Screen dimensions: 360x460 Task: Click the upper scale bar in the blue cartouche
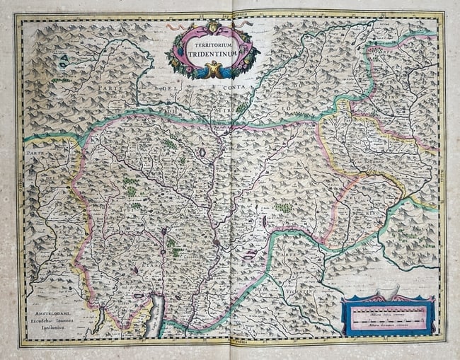[x=387, y=309]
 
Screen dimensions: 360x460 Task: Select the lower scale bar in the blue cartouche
[x=387, y=323]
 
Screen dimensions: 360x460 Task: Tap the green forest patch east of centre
[x=283, y=209]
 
